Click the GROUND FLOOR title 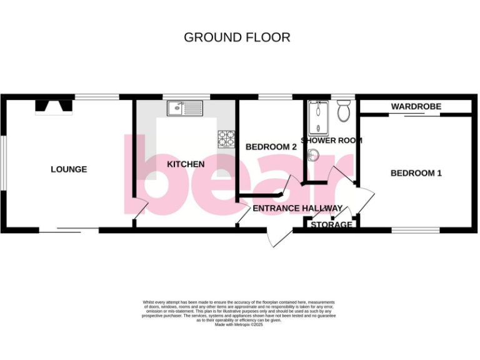tap(237, 37)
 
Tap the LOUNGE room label tap(69, 169)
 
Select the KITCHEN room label tap(186, 164)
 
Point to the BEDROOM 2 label tap(271, 147)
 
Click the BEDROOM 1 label tap(416, 173)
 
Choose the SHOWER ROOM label tap(331, 141)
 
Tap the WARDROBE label tap(416, 107)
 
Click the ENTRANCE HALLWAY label tap(297, 208)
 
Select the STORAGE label tap(331, 225)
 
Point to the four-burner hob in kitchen tap(226, 139)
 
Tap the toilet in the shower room tap(342, 112)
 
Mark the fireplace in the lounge tap(53, 107)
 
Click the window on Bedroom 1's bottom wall tap(415, 231)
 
